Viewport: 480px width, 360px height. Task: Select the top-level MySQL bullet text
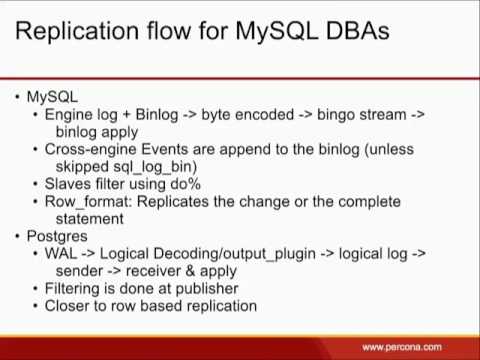click(51, 97)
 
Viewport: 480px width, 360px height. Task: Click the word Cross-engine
click(93, 149)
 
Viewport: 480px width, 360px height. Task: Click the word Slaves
click(70, 184)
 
